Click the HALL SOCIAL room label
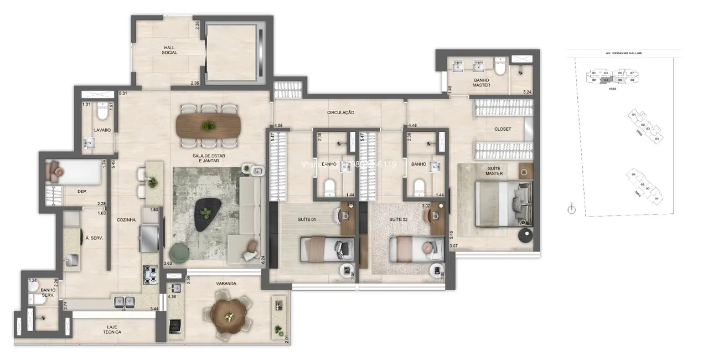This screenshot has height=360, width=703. [169, 50]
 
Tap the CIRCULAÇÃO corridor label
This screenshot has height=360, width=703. [340, 112]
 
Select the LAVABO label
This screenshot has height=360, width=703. [102, 130]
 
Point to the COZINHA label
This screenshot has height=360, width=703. [126, 220]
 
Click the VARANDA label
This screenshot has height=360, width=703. [226, 284]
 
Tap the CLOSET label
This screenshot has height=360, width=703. [503, 129]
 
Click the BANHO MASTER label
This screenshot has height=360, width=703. [481, 83]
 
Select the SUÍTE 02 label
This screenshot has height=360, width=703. [399, 220]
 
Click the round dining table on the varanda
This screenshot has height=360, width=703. [228, 315]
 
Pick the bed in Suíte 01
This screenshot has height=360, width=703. [327, 248]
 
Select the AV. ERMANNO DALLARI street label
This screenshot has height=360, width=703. [623, 53]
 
